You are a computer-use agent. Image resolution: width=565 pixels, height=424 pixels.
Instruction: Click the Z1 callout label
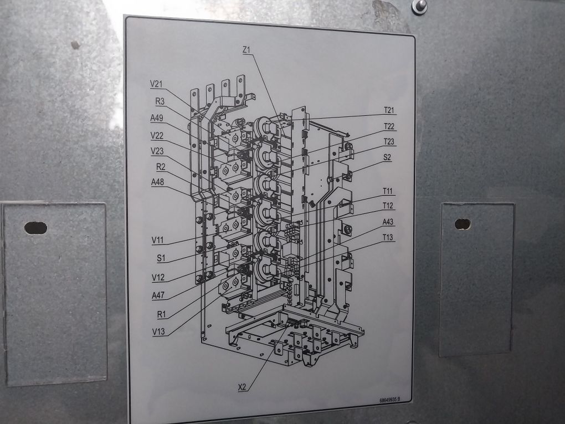coord(247,50)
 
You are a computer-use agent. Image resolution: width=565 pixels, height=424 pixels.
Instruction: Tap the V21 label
coord(156,84)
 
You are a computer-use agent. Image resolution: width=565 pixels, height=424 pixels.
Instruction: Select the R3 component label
coord(160,101)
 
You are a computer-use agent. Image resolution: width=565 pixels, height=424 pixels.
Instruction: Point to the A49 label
coord(156,118)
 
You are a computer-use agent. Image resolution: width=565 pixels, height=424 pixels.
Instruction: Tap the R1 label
coord(161,314)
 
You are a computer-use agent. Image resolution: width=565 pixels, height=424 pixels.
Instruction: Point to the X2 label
coord(243,387)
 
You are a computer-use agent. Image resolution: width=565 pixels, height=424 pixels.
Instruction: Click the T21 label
coord(389,110)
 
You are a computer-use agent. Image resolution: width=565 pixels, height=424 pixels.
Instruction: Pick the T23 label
coord(389,141)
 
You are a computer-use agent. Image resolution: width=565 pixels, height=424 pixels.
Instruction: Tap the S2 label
coord(387,157)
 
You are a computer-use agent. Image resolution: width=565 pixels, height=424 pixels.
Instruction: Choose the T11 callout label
coord(388,191)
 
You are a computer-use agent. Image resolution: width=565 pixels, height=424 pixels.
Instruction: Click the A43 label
coord(389,222)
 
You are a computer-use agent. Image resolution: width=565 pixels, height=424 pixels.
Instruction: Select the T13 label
coord(389,238)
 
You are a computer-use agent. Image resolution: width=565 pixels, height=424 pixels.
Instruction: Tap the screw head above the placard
coord(419,5)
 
